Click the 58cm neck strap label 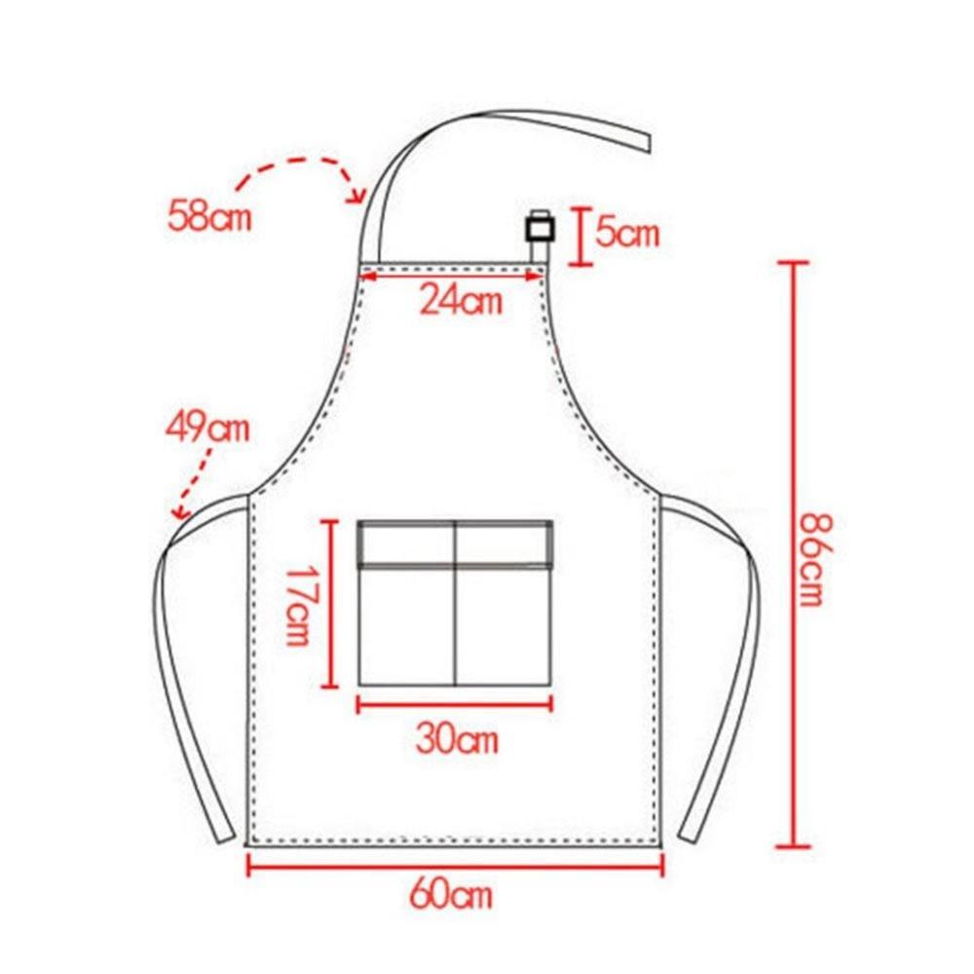click(x=209, y=215)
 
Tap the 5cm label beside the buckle click(x=626, y=233)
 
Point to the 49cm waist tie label click(x=207, y=428)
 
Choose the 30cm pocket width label click(x=457, y=738)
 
